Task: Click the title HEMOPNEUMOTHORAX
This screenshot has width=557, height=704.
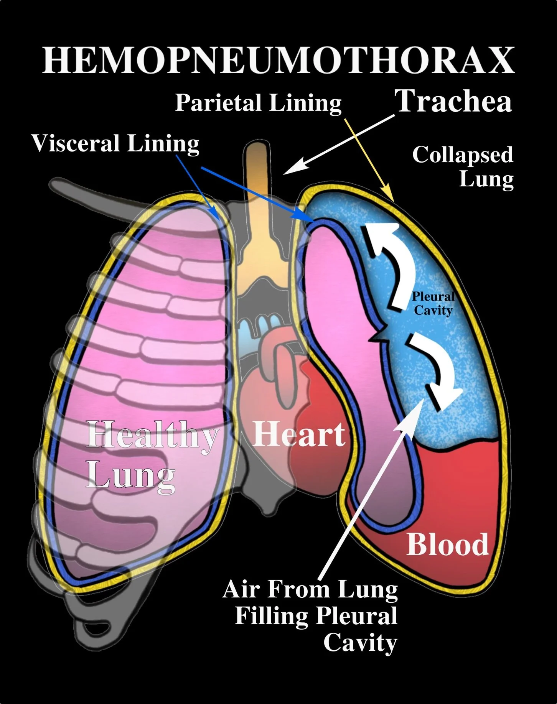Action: pos(278,60)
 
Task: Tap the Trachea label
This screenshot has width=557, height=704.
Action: pos(453,101)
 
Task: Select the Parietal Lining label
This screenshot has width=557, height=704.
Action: pos(258,103)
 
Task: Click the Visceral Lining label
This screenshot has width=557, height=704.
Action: pos(115,143)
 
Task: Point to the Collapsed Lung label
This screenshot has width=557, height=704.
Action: pos(463,166)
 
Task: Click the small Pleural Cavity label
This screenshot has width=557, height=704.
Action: pos(433,303)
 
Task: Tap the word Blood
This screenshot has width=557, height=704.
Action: pos(448,544)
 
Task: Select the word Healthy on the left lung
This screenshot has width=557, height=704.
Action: pos(152,435)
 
